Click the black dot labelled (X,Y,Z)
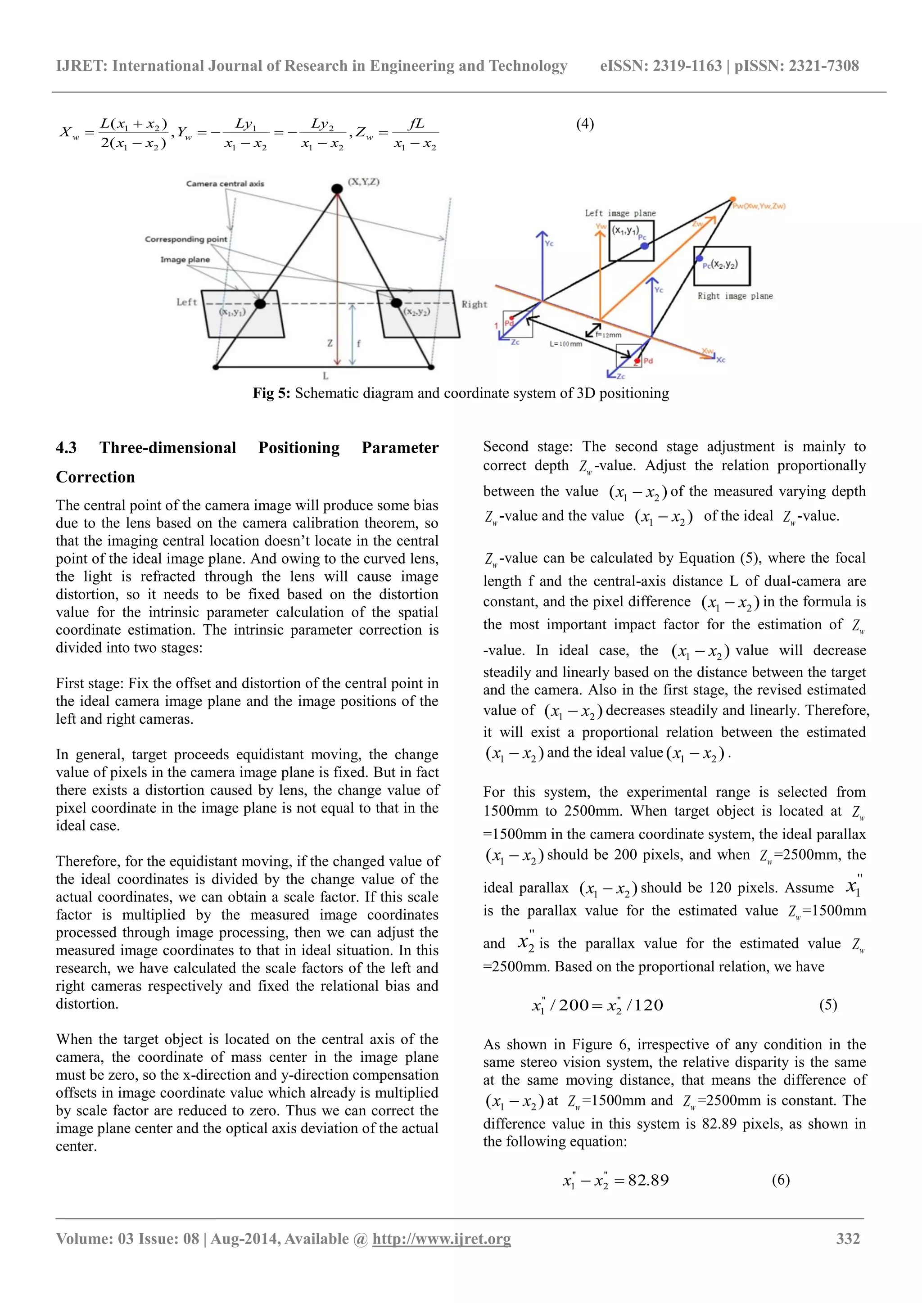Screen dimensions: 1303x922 337,188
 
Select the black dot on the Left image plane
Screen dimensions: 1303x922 260,304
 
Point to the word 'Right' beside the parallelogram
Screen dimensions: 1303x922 474,305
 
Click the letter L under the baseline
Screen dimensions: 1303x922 325,376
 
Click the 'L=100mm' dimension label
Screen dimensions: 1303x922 565,344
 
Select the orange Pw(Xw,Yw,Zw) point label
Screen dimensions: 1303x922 759,206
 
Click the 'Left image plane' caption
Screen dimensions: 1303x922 620,213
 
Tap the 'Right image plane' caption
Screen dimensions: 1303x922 735,296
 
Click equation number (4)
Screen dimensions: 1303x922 585,124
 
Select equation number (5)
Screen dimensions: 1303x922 828,1005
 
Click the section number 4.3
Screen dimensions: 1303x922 67,448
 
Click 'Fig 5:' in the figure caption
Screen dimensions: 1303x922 271,393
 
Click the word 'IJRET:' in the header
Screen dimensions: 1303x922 82,66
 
